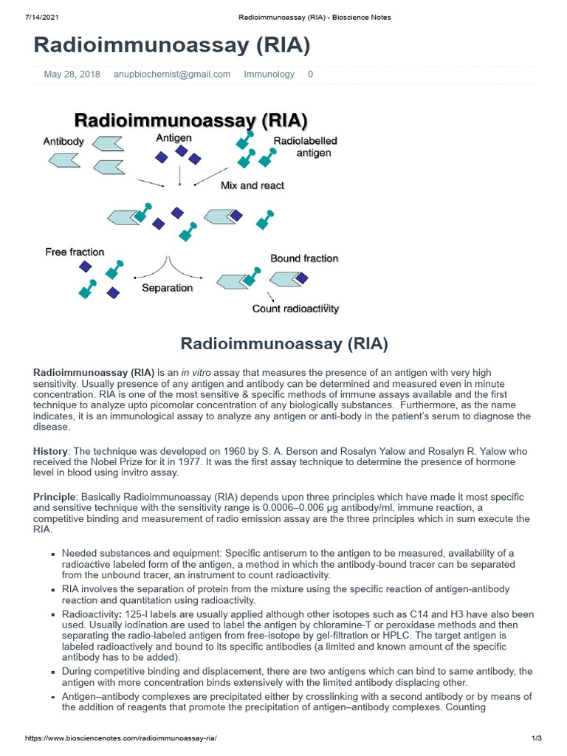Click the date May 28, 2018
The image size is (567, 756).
pyautogui.click(x=72, y=75)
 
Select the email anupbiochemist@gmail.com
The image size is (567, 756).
pyautogui.click(x=172, y=75)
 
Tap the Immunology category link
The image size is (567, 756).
pyautogui.click(x=269, y=75)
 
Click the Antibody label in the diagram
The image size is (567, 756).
pyautogui.click(x=63, y=141)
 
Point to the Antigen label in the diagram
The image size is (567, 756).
pyautogui.click(x=173, y=138)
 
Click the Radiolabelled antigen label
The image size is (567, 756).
pyautogui.click(x=306, y=147)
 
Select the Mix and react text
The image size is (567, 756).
pyautogui.click(x=252, y=185)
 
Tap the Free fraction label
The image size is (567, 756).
pyautogui.click(x=75, y=252)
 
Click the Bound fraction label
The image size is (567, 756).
pyautogui.click(x=304, y=258)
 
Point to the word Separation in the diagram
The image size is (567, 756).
pyautogui.click(x=168, y=288)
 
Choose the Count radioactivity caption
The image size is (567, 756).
pyautogui.click(x=295, y=309)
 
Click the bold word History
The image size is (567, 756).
pyautogui.click(x=50, y=451)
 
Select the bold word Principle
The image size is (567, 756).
pyautogui.click(x=54, y=497)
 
